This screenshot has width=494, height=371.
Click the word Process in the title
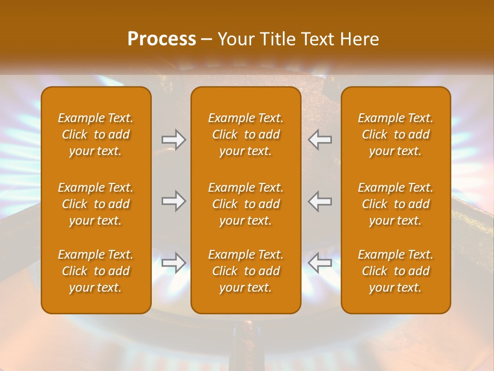click(x=162, y=39)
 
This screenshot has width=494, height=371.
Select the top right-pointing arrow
click(x=173, y=140)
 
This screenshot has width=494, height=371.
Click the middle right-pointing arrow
click(x=173, y=201)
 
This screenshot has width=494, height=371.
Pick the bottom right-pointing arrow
click(x=173, y=263)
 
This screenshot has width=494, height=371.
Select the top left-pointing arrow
click(x=320, y=140)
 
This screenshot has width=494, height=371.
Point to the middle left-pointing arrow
click(x=320, y=201)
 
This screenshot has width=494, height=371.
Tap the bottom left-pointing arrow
click(x=320, y=263)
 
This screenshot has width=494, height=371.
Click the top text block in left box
click(x=96, y=134)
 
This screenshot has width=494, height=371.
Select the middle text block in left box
click(x=96, y=204)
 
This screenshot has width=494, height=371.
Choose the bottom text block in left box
click(x=96, y=271)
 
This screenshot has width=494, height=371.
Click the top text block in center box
click(x=245, y=134)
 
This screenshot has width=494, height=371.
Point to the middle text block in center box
click(x=245, y=204)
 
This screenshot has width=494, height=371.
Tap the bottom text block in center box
click(x=245, y=271)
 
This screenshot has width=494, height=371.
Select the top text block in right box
click(x=395, y=134)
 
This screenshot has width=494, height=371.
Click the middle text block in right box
click(x=395, y=204)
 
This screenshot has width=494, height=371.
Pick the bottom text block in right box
click(x=395, y=271)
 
